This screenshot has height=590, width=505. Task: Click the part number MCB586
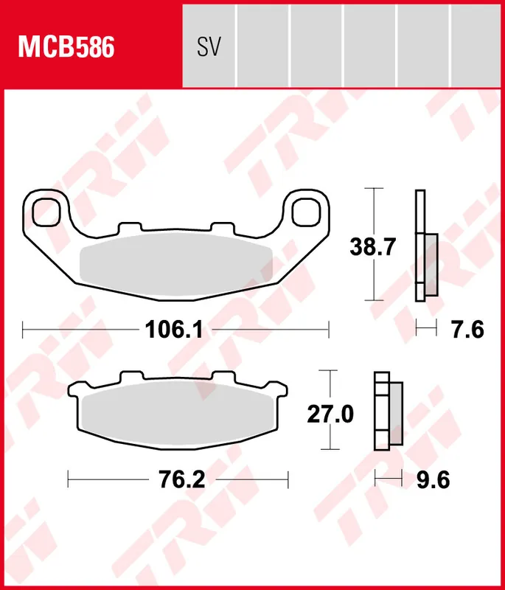point(66,47)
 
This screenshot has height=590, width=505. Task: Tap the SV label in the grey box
point(209,47)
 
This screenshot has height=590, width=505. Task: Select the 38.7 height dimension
point(373,247)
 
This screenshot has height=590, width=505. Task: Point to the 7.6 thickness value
point(467,330)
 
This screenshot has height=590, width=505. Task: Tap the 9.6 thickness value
point(432,481)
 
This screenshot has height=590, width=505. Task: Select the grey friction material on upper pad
point(175,263)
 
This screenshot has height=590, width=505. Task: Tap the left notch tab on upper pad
point(130,229)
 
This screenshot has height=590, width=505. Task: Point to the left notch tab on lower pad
point(130,377)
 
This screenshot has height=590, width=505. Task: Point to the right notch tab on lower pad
point(223,377)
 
